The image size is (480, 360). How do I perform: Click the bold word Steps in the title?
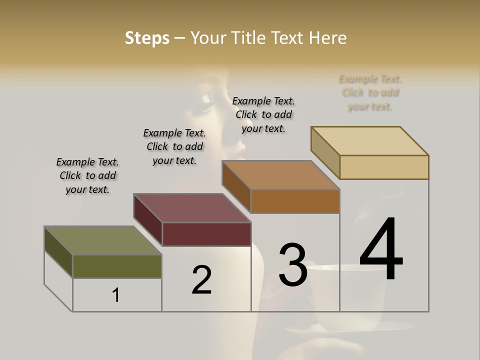pos(147,38)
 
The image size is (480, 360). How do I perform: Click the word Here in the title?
pos(327,38)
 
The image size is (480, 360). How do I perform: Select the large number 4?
pos(381,249)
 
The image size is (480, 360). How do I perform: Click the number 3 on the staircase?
pos(293,264)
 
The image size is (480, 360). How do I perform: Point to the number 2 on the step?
pos(201,280)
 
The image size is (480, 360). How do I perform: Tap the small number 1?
pos(116,295)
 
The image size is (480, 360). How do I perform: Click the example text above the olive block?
pos(87,175)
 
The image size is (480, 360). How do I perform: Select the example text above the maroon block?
pos(174,146)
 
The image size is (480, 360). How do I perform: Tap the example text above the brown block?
pos(263,114)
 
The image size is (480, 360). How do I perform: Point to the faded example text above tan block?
pos(370,92)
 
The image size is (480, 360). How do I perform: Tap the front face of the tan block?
pos(384,167)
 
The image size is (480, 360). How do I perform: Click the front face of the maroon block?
pos(206,234)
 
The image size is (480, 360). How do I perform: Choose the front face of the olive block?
pos(117,266)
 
